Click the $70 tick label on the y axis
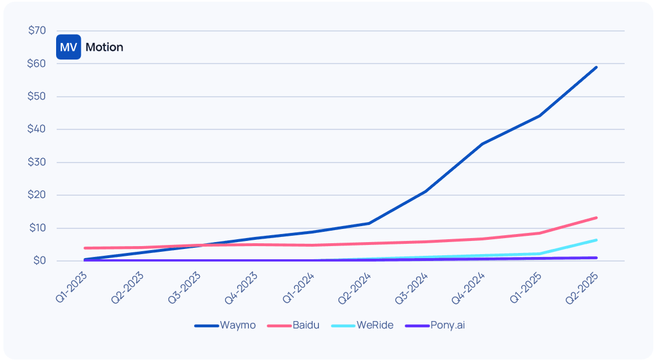click(37, 30)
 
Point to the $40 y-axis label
click(37, 129)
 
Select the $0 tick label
click(40, 261)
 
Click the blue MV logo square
click(68, 47)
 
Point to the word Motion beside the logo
click(104, 47)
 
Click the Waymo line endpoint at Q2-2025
click(597, 67)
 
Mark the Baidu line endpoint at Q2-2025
click(597, 217)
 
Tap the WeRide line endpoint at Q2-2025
click(597, 240)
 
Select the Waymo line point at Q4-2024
click(483, 144)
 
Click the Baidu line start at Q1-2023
click(85, 248)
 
